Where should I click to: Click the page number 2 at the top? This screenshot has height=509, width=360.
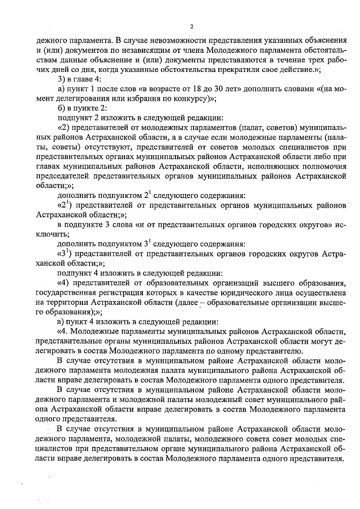pyautogui.click(x=191, y=26)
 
